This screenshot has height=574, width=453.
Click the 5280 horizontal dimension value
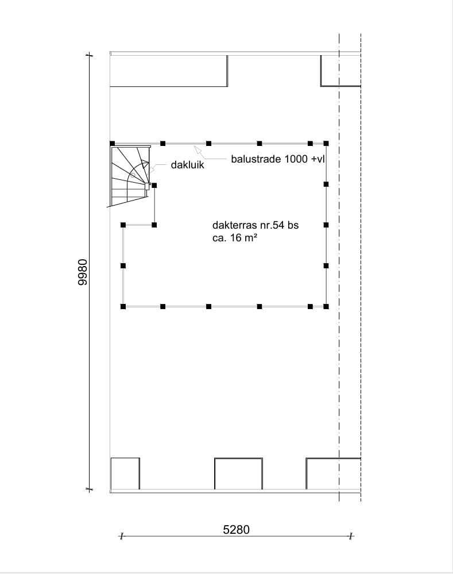coord(236,529)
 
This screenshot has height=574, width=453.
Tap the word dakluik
coord(187,165)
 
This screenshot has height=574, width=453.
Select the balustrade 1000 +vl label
coord(278,159)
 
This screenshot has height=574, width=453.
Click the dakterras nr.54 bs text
coord(255,226)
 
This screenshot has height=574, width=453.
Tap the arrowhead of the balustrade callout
coord(196,148)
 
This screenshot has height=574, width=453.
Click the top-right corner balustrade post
coord(326,143)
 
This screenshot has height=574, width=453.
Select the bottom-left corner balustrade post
coord(123,307)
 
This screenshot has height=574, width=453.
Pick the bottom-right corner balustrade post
coord(326,307)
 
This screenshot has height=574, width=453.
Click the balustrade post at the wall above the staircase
coord(113,143)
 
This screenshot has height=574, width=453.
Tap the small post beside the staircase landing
coord(154,185)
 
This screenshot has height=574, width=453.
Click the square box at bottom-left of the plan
coord(125,473)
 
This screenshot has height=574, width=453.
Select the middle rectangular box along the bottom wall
coord(238,473)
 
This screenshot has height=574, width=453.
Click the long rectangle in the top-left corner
coord(168,71)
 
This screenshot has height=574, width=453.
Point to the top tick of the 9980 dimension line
coord(89,55)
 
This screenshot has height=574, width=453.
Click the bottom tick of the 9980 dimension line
coord(89,490)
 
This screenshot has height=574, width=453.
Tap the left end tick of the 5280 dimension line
coord(121,537)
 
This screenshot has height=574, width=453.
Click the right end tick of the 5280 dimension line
coord(350,537)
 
